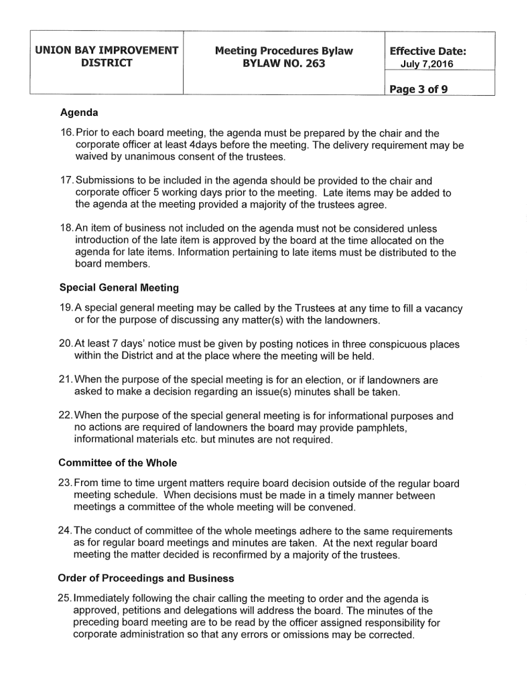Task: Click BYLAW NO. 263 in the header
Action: [x=284, y=64]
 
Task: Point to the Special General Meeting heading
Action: [x=119, y=288]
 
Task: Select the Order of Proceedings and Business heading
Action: [x=145, y=579]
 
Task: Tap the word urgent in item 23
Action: [x=155, y=484]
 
